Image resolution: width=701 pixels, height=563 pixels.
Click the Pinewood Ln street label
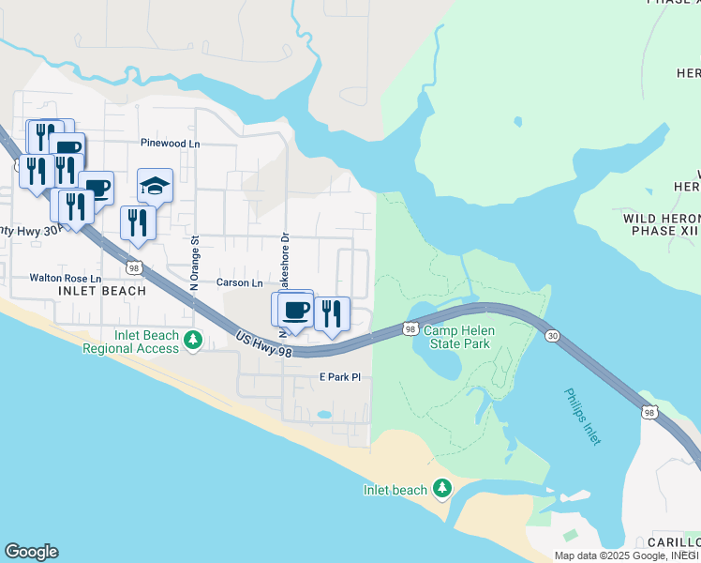click(x=170, y=144)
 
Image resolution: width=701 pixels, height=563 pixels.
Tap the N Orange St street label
click(x=196, y=266)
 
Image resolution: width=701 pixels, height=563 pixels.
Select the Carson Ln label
click(x=240, y=282)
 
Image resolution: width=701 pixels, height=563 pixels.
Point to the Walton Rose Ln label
click(x=65, y=278)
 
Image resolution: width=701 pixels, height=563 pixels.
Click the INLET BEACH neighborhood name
click(x=102, y=291)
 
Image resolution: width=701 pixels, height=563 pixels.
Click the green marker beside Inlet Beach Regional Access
click(x=193, y=339)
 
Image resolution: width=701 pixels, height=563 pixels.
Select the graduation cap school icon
click(x=156, y=186)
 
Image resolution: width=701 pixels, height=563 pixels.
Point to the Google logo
click(x=31, y=552)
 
